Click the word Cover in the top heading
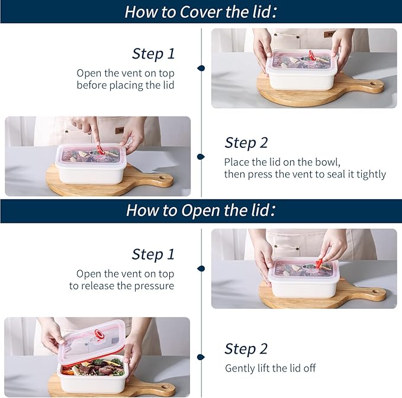pos(201,12)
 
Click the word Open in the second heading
pos(201,211)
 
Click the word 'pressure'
pos(154,286)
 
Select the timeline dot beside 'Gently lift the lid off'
pos(201,357)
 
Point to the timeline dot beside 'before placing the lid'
pos(201,68)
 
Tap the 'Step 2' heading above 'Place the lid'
pos(246,143)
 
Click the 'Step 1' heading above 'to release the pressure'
pos(153,254)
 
